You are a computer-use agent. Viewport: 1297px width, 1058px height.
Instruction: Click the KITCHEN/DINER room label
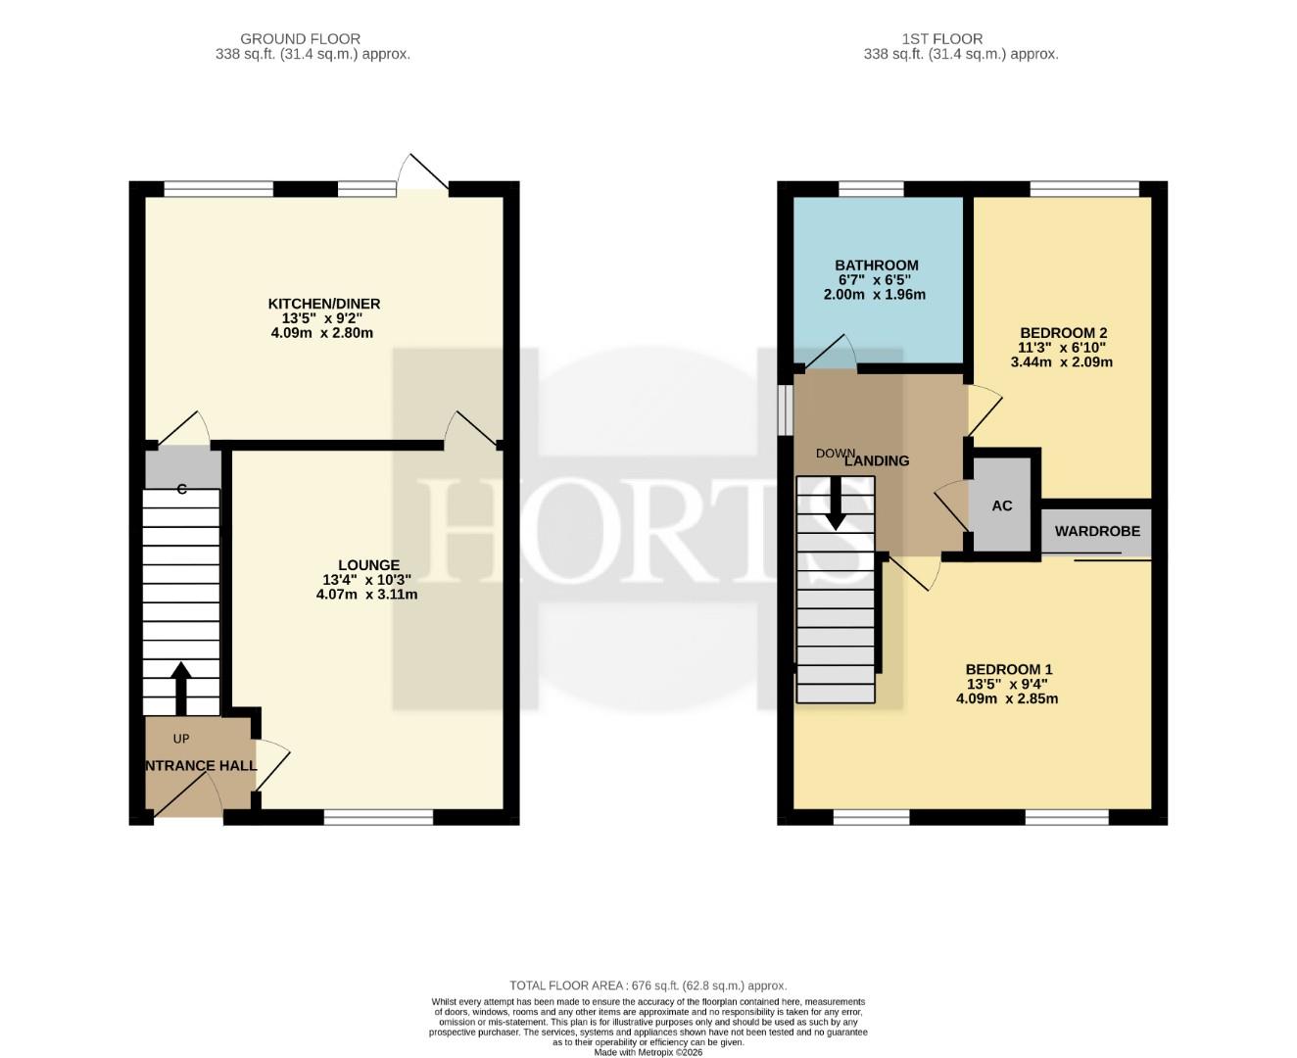click(323, 304)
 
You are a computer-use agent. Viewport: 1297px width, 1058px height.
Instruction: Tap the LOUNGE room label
click(368, 564)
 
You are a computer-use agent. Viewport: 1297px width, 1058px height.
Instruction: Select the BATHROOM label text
click(877, 265)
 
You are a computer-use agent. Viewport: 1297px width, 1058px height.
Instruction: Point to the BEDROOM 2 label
click(1063, 333)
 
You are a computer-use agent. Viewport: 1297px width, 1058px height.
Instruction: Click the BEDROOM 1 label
click(1009, 669)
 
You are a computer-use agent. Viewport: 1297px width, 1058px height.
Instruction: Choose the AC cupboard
click(1001, 505)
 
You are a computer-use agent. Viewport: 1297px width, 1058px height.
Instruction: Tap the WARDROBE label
click(1097, 531)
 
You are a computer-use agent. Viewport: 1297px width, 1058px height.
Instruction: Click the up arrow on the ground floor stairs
click(180, 689)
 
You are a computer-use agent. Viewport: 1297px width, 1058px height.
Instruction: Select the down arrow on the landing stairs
click(836, 504)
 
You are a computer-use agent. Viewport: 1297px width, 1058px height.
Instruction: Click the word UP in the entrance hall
click(181, 738)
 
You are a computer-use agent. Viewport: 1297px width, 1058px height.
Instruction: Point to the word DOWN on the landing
click(836, 454)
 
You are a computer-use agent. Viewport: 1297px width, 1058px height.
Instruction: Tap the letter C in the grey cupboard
click(181, 489)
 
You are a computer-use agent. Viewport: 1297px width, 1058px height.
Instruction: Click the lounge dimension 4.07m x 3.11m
click(366, 595)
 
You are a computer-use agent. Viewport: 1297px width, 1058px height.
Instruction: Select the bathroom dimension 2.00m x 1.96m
click(874, 294)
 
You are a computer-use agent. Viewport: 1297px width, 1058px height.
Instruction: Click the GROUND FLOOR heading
click(300, 39)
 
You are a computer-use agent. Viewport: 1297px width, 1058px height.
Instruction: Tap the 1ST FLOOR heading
click(942, 39)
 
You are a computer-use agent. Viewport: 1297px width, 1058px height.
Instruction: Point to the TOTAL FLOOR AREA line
click(648, 986)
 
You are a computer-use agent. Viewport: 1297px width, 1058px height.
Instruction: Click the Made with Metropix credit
click(648, 1052)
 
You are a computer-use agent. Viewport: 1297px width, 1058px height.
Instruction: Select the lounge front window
click(378, 816)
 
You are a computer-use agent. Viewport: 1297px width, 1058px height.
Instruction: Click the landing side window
click(785, 410)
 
